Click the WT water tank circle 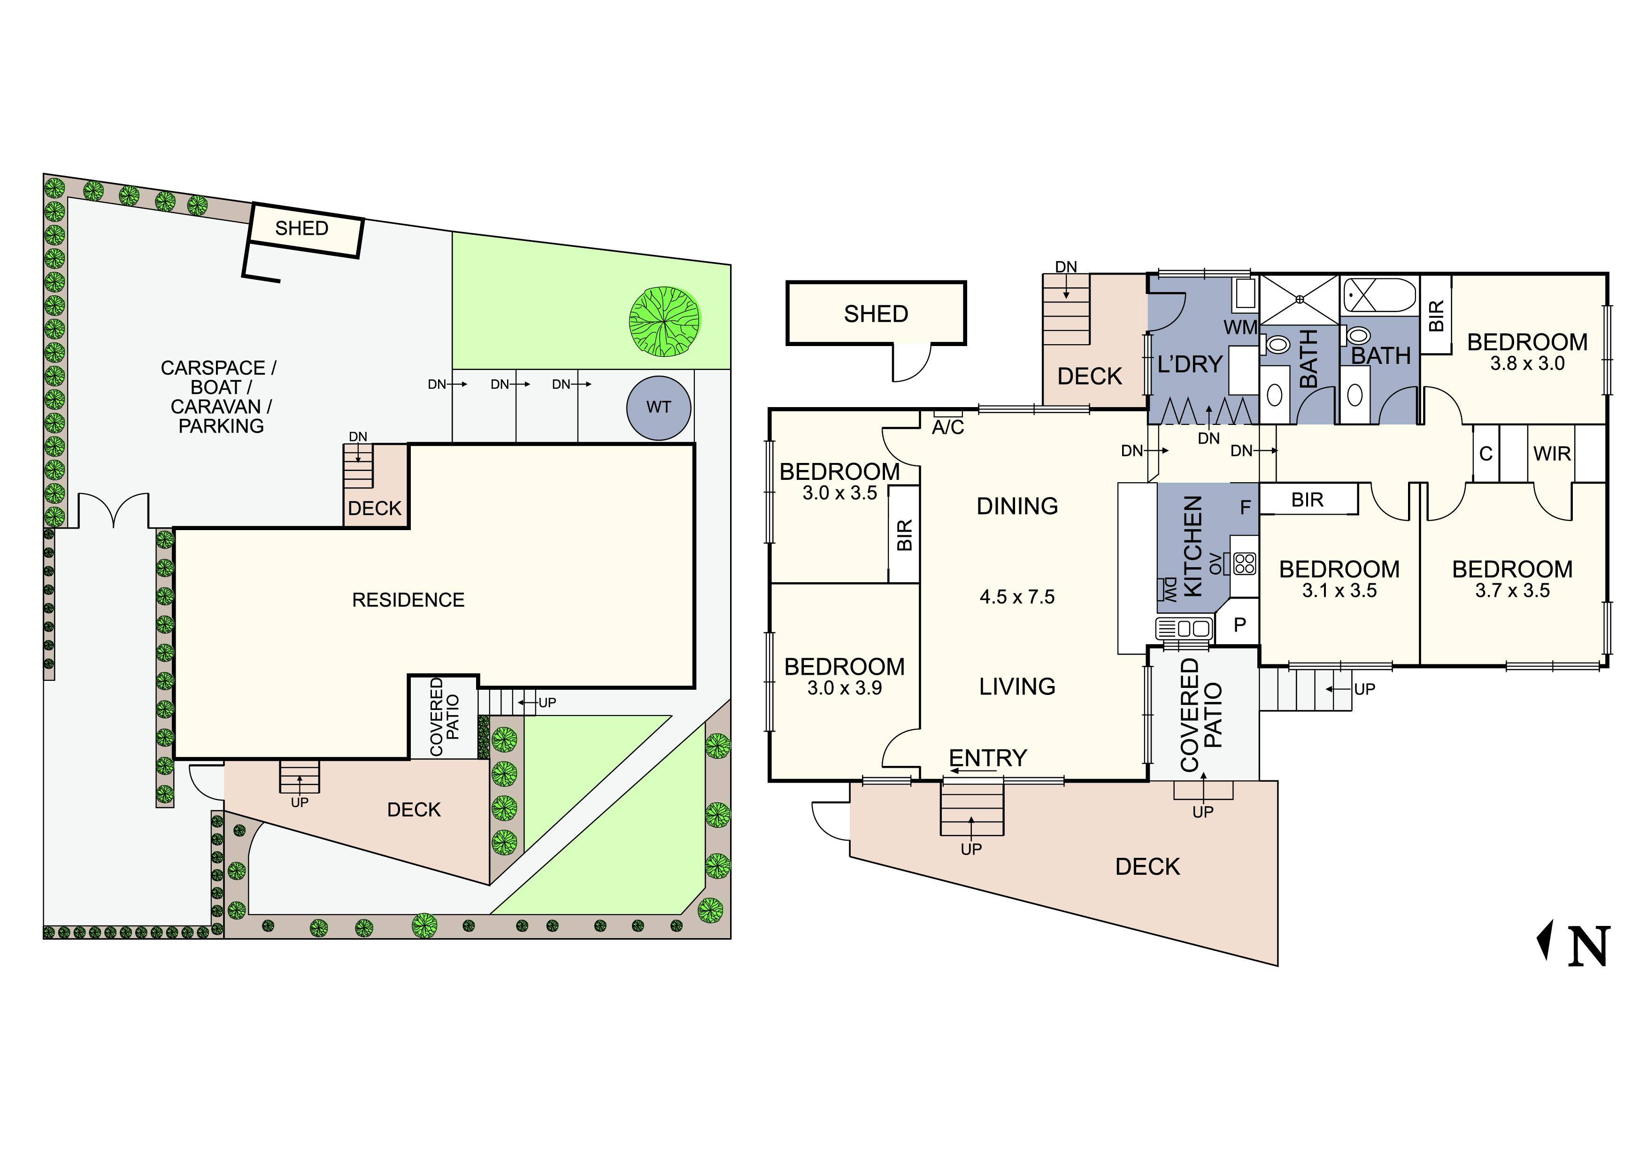pos(659,408)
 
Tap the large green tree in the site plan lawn pos(664,321)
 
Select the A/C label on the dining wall pos(947,427)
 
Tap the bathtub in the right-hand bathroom pos(1379,295)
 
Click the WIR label pos(1552,454)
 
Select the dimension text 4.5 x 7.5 pos(1017,597)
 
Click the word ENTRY pos(988,758)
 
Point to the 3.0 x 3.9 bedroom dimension pos(844,688)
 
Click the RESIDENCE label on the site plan pos(408,600)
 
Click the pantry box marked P pos(1239,624)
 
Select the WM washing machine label pos(1240,328)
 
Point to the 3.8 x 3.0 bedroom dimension pos(1527,363)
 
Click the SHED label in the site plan pos(302,228)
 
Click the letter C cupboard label pos(1485,454)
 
